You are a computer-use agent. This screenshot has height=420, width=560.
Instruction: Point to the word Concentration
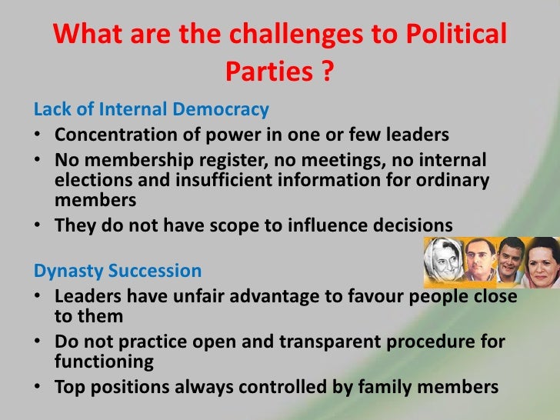point(113,136)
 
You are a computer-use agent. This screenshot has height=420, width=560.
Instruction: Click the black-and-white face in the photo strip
point(445,261)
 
